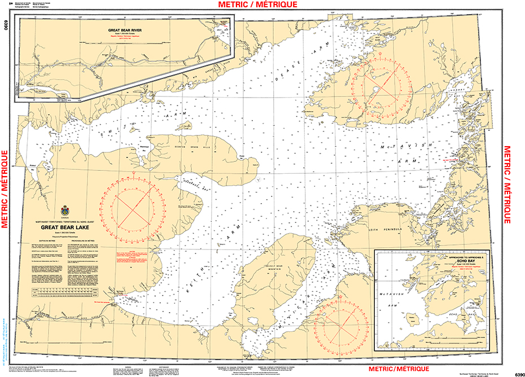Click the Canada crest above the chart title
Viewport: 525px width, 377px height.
[63, 211]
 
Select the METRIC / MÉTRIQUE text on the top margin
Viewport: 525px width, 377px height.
[261, 5]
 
